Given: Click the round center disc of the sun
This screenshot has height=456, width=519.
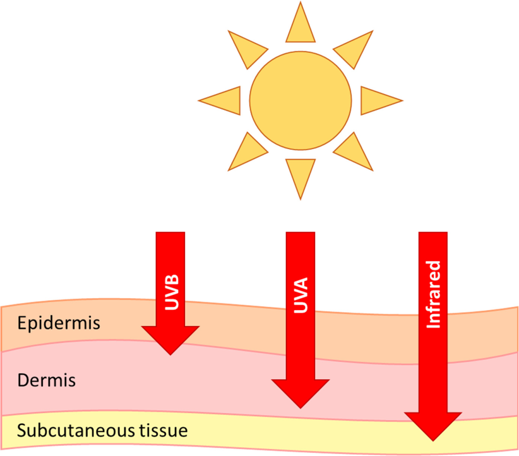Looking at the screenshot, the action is (x=300, y=101).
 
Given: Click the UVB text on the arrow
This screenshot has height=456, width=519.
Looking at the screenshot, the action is (x=172, y=292).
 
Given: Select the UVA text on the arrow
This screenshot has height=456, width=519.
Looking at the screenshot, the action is (x=301, y=295).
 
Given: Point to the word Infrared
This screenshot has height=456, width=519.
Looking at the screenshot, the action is (x=433, y=294).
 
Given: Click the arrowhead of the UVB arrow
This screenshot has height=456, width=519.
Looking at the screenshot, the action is (x=171, y=341).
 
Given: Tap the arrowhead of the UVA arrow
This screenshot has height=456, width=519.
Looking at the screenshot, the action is (x=300, y=393).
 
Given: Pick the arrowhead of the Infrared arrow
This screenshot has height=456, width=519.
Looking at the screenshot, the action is (x=433, y=427).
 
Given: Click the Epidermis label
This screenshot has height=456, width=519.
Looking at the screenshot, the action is (x=59, y=323).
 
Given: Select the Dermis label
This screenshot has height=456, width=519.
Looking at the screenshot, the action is (x=46, y=380).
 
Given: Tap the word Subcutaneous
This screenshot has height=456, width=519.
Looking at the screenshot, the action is (x=76, y=431).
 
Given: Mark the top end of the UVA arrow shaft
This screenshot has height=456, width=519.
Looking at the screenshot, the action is (x=300, y=232).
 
